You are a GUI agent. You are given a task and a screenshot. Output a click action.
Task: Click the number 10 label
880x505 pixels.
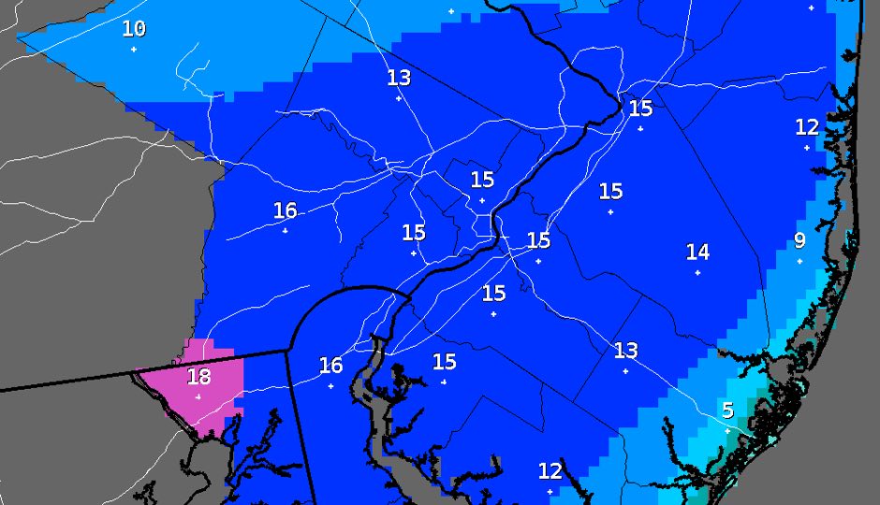(x=134, y=29)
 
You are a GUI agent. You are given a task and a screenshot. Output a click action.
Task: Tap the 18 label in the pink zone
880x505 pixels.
(x=198, y=377)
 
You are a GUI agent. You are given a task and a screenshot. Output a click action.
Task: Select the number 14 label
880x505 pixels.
(x=697, y=252)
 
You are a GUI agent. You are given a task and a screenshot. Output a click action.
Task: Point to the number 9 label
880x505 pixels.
(x=799, y=240)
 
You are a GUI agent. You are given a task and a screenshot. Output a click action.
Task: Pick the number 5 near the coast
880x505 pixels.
(x=727, y=410)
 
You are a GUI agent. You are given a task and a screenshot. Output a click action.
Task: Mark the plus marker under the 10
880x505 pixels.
(x=134, y=49)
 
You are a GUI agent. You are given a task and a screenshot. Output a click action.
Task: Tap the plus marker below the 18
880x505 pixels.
(x=198, y=397)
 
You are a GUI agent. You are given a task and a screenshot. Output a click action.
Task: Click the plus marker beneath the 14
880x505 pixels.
(x=697, y=272)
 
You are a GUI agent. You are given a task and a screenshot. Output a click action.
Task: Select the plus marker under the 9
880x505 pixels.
(x=799, y=261)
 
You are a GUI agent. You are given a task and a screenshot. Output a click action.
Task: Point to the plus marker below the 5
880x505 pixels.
(x=727, y=430)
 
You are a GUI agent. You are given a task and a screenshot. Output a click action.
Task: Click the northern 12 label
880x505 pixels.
(x=807, y=126)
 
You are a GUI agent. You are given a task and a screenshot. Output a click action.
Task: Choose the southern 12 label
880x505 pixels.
(x=550, y=470)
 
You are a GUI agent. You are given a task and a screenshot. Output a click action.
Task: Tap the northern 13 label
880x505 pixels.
(x=399, y=78)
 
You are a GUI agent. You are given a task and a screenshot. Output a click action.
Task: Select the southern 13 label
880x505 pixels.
(x=625, y=351)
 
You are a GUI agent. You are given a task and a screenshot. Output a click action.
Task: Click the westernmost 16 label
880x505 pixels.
(x=285, y=210)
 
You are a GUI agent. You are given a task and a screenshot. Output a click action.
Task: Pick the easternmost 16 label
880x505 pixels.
(x=330, y=365)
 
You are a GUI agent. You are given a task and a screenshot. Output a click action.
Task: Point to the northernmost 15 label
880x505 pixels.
(x=640, y=108)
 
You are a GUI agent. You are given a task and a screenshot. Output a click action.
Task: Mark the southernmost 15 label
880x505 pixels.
(x=444, y=361)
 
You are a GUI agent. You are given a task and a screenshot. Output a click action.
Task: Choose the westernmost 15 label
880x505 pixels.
(x=413, y=232)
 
